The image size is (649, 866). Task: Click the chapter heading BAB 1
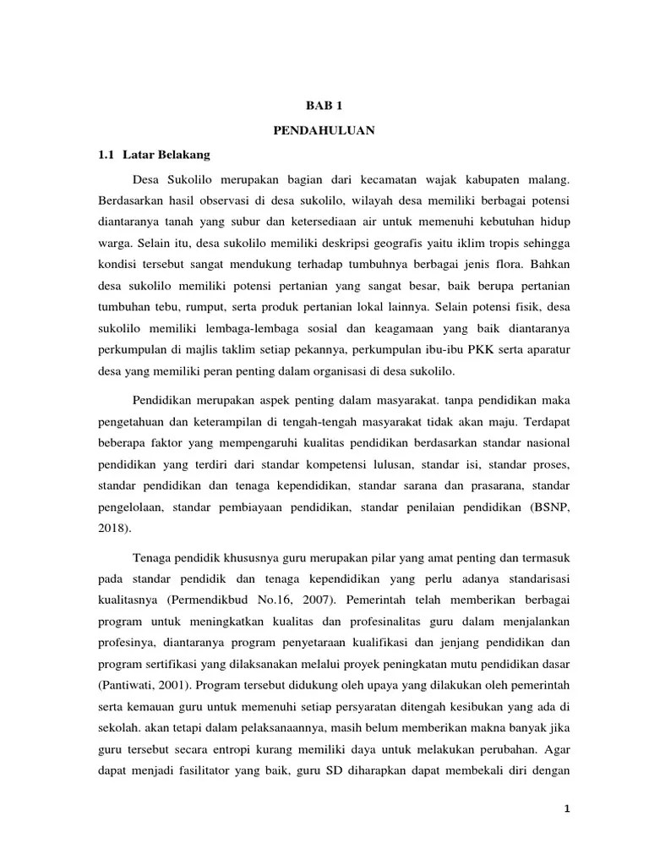pyautogui.click(x=324, y=106)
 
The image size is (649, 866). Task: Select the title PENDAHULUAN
pyautogui.click(x=324, y=131)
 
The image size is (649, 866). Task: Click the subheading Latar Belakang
pyautogui.click(x=166, y=156)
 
